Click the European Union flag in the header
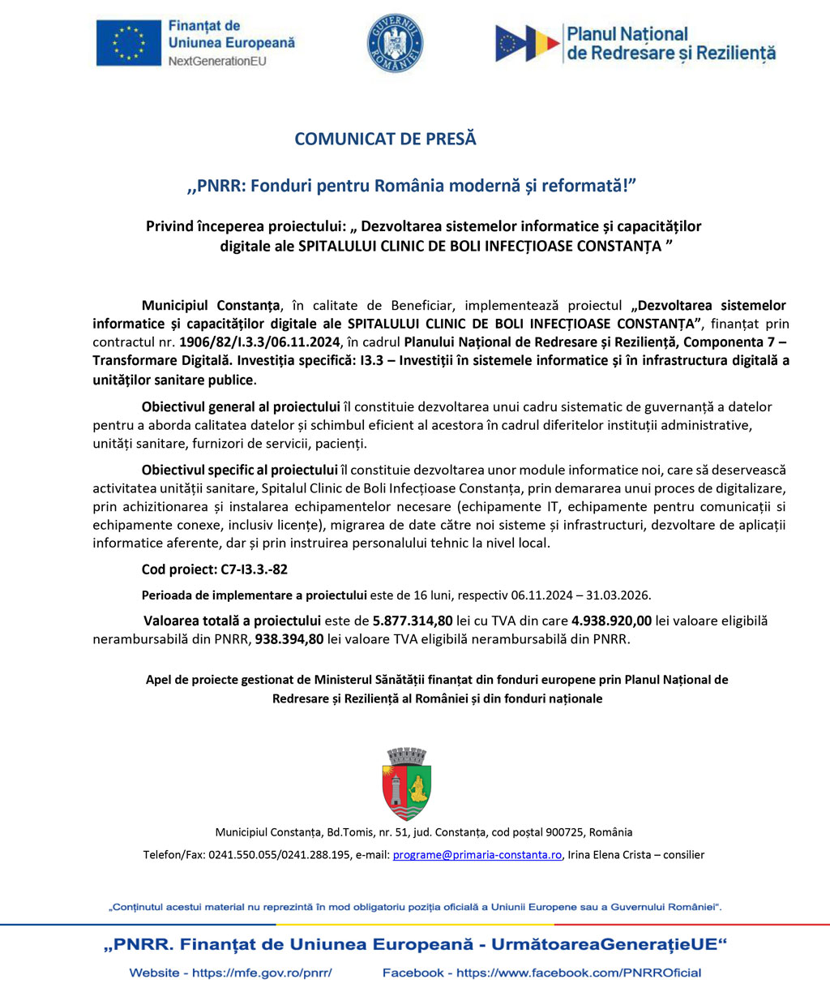point(129,42)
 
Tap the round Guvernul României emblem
point(396,44)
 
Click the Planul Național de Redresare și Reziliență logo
point(635,44)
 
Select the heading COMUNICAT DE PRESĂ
point(385,139)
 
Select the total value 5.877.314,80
point(413,621)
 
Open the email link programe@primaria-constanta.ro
point(477,855)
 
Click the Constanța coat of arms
point(407,784)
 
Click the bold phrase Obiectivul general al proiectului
point(241,407)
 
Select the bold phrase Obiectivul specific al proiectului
point(239,470)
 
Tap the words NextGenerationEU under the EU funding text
point(217,61)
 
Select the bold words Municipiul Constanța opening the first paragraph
point(211,306)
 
